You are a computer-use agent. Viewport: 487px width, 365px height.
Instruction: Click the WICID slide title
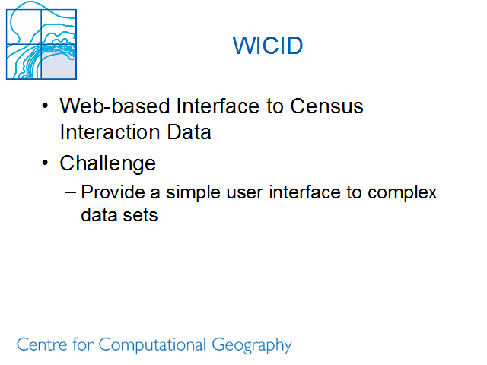[268, 46]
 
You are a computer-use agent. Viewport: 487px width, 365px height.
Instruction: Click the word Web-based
[115, 106]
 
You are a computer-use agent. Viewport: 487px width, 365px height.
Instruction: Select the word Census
[326, 106]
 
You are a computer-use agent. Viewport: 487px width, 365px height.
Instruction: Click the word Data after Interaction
[189, 132]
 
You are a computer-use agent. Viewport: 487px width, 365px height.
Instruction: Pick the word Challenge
[107, 163]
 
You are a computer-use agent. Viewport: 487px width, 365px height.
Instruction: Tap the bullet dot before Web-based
[45, 106]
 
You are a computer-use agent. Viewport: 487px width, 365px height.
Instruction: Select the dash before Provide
[71, 192]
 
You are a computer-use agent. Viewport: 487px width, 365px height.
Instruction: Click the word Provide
[113, 192]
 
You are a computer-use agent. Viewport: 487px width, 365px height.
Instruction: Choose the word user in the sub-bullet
[244, 193]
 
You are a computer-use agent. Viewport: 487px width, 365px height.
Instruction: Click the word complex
[402, 193]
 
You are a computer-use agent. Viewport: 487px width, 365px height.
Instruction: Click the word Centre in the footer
[42, 344]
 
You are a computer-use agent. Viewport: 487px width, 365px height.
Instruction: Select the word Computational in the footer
[152, 345]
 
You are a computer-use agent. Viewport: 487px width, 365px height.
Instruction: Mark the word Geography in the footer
[252, 345]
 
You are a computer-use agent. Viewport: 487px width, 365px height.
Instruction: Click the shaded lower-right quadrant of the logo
[59, 65]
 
